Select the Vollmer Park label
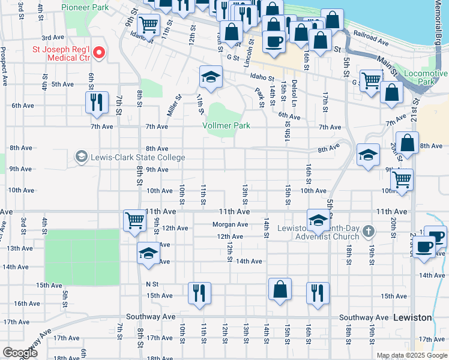pos(226,126)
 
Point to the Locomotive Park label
pos(426,77)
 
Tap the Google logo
pos(20,353)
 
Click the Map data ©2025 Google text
pos(411,356)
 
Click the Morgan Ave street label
pos(230,225)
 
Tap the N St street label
pos(152,284)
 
